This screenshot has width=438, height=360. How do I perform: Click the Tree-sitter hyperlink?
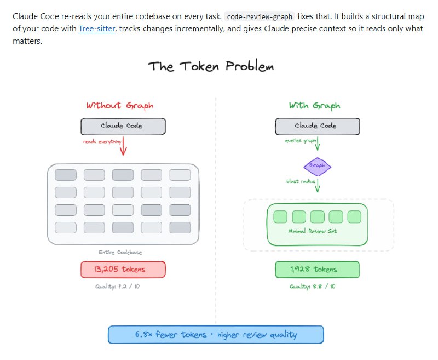point(96,27)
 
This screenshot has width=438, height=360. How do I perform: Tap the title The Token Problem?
point(211,67)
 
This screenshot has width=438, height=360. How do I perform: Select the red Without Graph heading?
point(119,105)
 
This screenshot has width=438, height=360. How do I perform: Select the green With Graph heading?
point(314,105)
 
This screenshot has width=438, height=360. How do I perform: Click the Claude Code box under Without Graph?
point(123,126)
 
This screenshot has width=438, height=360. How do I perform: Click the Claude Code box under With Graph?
point(317,126)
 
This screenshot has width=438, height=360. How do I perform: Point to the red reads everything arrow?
point(123,146)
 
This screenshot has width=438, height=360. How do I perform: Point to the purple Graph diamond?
point(318,165)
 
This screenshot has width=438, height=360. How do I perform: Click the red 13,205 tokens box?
point(123,270)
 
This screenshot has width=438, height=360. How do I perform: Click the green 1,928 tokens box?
point(317,270)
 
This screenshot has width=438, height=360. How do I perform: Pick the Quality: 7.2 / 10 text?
point(120,287)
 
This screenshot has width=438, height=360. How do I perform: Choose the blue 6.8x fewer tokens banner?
point(216,334)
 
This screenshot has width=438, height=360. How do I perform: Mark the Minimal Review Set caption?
point(313,231)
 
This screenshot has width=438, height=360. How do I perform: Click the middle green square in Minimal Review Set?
point(318,217)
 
